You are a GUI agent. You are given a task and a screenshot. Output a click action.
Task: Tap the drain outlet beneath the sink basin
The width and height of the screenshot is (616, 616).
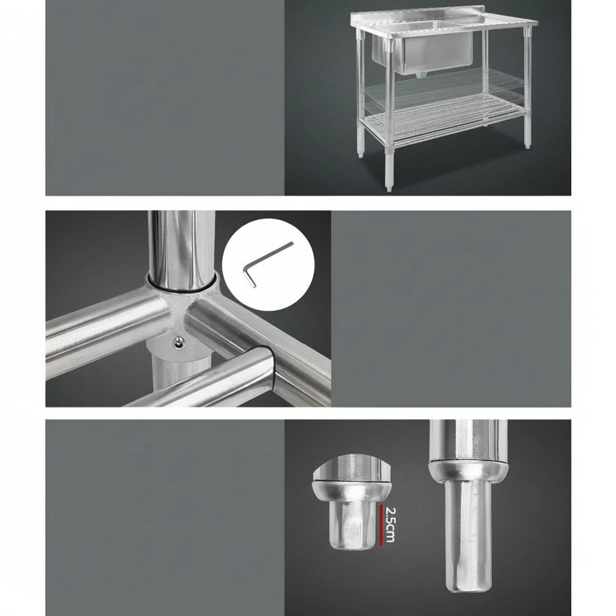click(419, 75)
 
